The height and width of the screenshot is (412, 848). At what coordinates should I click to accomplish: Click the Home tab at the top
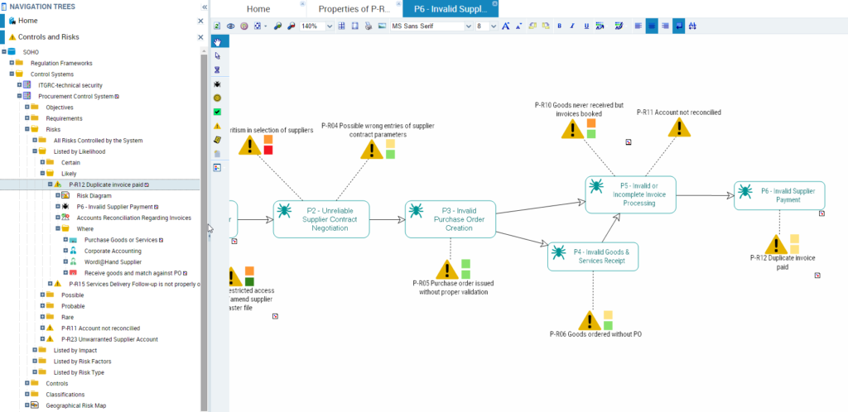click(258, 9)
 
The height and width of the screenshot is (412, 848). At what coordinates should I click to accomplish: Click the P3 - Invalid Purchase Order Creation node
click(450, 218)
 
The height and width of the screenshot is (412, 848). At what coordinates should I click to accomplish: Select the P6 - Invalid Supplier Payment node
click(778, 194)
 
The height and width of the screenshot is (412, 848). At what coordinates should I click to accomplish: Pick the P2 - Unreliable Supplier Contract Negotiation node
click(321, 218)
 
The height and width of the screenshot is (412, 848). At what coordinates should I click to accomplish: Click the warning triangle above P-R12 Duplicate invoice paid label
click(776, 244)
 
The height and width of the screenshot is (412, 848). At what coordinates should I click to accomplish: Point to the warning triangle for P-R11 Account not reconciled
click(679, 127)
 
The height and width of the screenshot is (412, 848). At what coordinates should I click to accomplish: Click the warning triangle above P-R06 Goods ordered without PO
click(589, 320)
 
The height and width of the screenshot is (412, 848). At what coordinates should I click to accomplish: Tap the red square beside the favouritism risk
click(268, 150)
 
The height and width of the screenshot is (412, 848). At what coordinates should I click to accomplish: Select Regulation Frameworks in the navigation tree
click(61, 63)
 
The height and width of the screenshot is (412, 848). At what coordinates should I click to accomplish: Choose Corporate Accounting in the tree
click(113, 251)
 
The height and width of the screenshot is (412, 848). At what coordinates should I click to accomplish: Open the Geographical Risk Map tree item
click(75, 405)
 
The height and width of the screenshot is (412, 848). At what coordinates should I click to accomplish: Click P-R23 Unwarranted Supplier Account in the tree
click(109, 339)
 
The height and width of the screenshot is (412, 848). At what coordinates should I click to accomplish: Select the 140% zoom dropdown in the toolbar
click(316, 26)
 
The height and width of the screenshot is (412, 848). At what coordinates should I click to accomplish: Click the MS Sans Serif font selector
click(431, 26)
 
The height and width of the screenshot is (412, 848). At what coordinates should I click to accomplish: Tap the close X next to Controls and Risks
click(200, 37)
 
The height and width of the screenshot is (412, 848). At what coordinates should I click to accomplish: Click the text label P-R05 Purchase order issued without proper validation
click(453, 287)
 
